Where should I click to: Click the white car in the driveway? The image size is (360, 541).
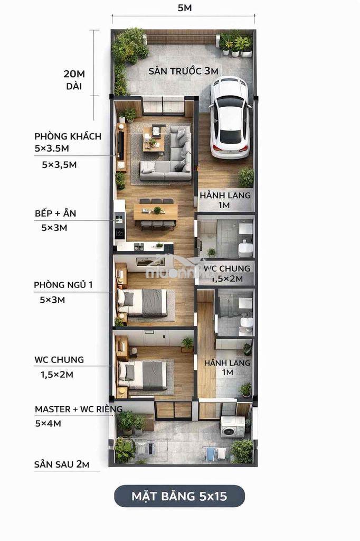click(230, 117)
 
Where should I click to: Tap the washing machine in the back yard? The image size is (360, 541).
click(232, 427)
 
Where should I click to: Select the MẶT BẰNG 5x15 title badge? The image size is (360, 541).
click(179, 496)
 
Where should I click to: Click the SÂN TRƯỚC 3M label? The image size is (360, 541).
click(184, 71)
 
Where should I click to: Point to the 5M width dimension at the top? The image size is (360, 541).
click(184, 7)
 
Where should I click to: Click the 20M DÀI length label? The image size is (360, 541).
click(74, 80)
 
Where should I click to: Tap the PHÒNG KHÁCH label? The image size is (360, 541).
click(68, 136)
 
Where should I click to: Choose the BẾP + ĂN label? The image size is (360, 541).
click(55, 213)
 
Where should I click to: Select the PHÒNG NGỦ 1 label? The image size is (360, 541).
click(63, 285)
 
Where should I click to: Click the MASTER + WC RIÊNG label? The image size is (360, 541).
click(79, 409)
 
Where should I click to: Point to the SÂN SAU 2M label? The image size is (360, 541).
click(62, 464)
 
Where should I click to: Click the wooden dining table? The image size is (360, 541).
click(156, 212)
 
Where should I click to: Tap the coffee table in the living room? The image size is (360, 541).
click(154, 139)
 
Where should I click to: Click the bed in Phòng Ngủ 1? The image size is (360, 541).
click(143, 303)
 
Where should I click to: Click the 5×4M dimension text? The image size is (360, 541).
click(48, 423)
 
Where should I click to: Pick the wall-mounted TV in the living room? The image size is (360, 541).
click(121, 146)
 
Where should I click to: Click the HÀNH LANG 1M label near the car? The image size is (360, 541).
click(225, 200)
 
